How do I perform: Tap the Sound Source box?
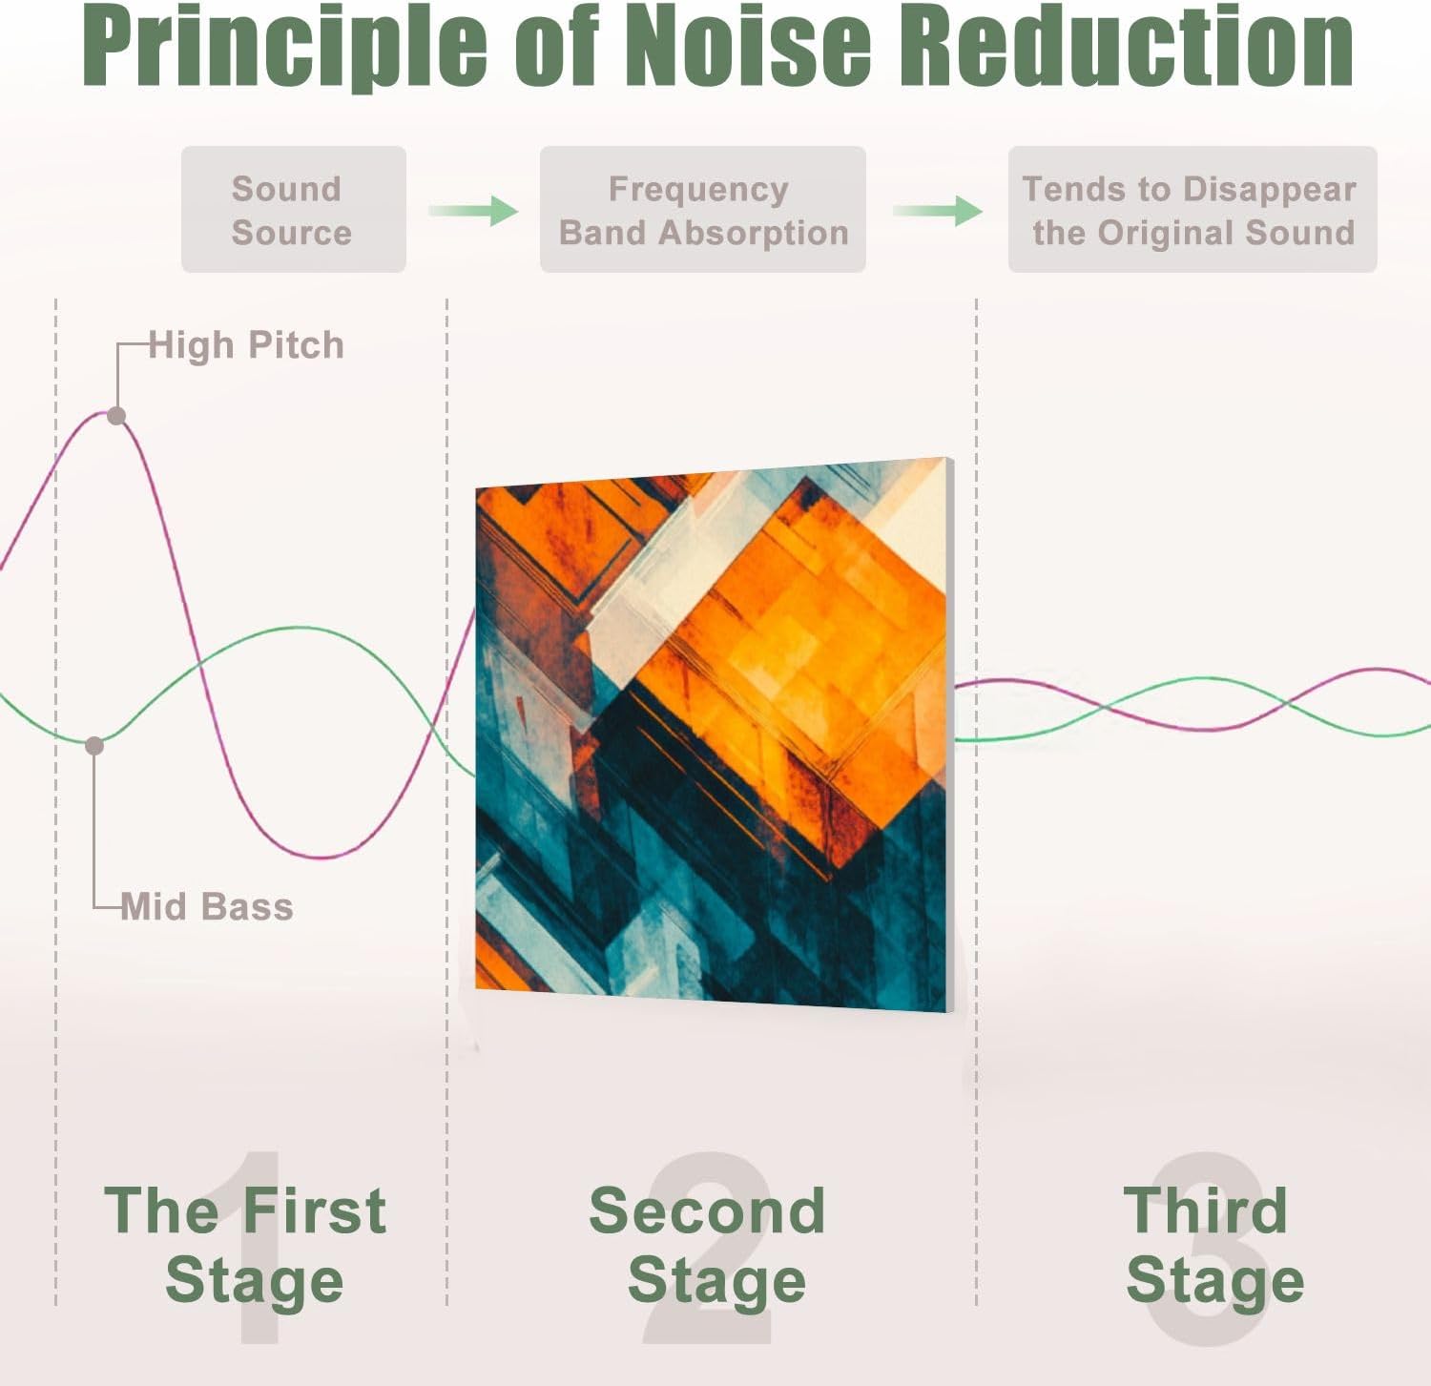point(293,210)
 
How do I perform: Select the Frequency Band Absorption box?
point(702,210)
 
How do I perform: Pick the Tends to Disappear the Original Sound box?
point(1192,210)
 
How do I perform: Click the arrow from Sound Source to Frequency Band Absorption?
point(473,211)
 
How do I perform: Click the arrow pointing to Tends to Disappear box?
point(938,211)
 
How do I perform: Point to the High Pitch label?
point(246,345)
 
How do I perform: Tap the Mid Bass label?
point(207,906)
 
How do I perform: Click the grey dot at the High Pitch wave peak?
point(116,416)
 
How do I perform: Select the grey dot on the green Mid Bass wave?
point(94,745)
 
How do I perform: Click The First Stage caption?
point(247,1245)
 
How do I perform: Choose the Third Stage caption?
point(1212,1245)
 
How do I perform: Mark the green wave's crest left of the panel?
point(301,629)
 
